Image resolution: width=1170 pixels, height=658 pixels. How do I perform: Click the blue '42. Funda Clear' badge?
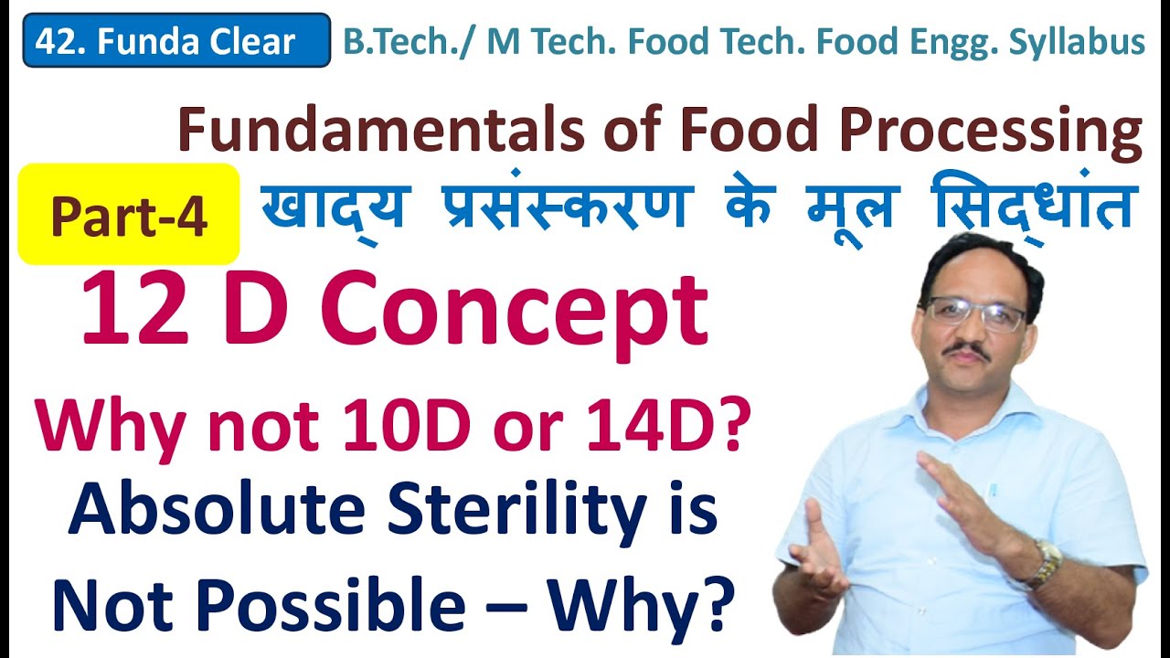click(176, 41)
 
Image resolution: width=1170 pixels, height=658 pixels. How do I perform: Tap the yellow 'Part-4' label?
click(129, 216)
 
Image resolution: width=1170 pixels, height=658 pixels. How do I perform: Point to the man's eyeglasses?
click(973, 313)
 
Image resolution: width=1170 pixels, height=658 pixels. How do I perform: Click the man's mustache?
click(968, 349)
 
